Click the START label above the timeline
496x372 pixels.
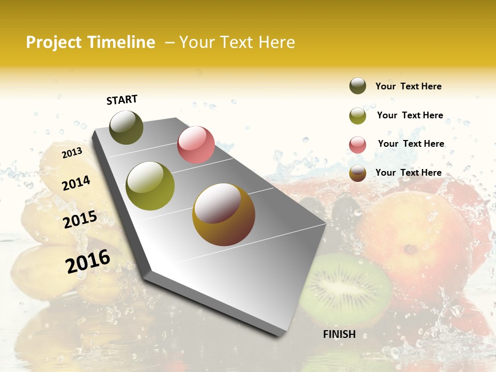(122, 100)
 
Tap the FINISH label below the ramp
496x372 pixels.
(339, 334)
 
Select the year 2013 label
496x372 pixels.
(72, 153)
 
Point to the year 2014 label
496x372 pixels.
(76, 183)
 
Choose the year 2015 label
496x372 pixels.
(80, 220)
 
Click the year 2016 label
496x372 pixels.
(88, 261)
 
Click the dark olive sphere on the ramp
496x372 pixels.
(126, 127)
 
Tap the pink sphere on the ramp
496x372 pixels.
(196, 145)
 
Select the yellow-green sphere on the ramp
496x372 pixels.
(150, 186)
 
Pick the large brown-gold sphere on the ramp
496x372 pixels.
(224, 214)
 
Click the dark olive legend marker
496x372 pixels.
(358, 86)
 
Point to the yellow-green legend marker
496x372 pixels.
(358, 116)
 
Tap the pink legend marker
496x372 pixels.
(358, 145)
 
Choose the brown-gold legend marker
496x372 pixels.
(358, 174)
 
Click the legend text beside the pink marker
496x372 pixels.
(411, 144)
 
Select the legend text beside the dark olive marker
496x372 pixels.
(408, 86)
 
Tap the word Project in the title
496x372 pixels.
(54, 42)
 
